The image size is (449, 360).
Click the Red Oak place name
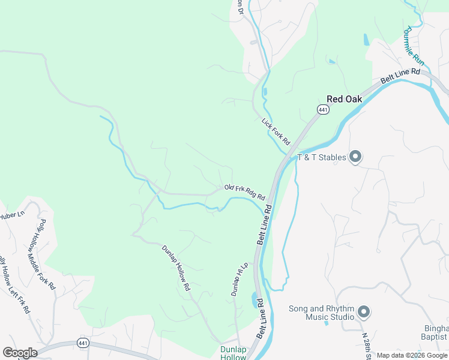tap(345, 99)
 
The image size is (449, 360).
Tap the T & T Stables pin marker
tap(355, 157)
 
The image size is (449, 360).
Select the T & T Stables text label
tap(322, 158)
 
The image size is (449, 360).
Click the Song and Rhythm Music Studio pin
tap(363, 312)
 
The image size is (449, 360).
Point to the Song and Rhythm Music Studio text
tap(322, 313)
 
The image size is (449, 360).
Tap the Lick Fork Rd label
tap(276, 131)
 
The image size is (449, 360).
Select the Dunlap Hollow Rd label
tap(176, 268)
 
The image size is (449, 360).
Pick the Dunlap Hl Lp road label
tap(239, 280)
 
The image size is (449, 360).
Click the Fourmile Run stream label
tap(414, 45)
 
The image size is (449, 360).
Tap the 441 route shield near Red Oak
tap(324, 109)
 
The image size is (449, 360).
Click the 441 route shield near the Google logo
tap(83, 343)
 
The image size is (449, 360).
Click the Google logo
tap(20, 353)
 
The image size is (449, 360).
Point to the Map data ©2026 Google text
tap(412, 355)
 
